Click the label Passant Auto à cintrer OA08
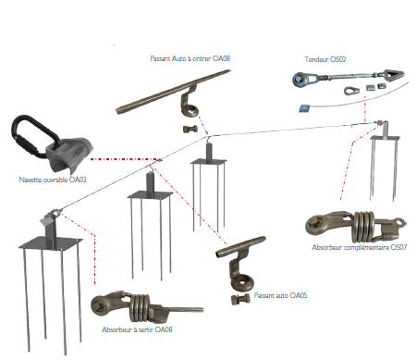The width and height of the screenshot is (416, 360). click(x=190, y=58)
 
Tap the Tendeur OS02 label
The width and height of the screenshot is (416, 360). click(x=325, y=59)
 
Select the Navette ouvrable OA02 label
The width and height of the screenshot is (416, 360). click(x=53, y=180)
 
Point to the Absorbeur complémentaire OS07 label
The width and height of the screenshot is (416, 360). click(x=360, y=247)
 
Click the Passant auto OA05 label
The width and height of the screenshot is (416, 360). click(x=281, y=295)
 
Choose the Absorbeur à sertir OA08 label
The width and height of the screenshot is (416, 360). click(x=137, y=329)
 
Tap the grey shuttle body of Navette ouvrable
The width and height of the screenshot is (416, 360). click(x=70, y=155)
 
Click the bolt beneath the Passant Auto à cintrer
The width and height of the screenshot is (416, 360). click(x=190, y=129)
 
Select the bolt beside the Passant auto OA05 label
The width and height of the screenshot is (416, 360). click(x=240, y=299)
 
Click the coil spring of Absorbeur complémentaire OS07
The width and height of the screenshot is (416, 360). click(x=363, y=227)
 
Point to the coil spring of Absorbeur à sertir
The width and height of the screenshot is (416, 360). click(x=141, y=307)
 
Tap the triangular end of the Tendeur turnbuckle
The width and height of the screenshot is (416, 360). click(x=392, y=76)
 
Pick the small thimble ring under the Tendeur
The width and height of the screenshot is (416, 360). click(x=351, y=91)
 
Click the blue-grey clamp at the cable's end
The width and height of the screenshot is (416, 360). click(x=304, y=108)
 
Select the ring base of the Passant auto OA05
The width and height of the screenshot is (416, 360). click(x=242, y=282)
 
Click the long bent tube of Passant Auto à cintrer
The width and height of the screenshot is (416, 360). click(x=174, y=91)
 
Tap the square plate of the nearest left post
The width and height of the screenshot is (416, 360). click(x=51, y=243)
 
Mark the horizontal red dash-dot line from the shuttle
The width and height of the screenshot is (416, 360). click(x=124, y=159)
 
